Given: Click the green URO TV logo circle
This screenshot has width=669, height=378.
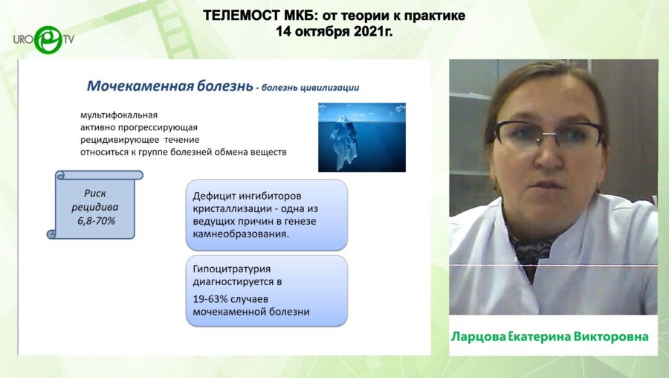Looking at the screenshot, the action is [x=48, y=40].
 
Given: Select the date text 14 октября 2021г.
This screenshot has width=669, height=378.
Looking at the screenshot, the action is [x=334, y=31].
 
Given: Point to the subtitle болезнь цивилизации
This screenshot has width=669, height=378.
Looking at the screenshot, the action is [x=310, y=88].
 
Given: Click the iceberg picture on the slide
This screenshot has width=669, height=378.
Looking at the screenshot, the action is [x=362, y=137].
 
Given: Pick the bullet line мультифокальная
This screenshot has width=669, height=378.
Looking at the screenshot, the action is [x=119, y=115].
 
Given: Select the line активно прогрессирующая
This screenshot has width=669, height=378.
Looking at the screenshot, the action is [x=139, y=127].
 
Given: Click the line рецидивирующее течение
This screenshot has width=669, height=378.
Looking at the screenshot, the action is [x=140, y=140].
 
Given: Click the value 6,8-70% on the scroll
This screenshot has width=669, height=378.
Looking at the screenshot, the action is [x=96, y=221].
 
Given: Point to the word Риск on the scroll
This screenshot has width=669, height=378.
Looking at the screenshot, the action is [x=94, y=193].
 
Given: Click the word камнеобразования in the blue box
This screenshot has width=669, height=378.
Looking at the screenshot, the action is [x=241, y=234].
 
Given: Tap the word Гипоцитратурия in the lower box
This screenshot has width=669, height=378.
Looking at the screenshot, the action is [x=232, y=269].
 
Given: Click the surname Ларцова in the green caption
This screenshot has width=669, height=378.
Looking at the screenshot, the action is [x=478, y=337].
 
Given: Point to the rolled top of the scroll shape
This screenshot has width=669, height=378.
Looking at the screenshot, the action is [x=100, y=175].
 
